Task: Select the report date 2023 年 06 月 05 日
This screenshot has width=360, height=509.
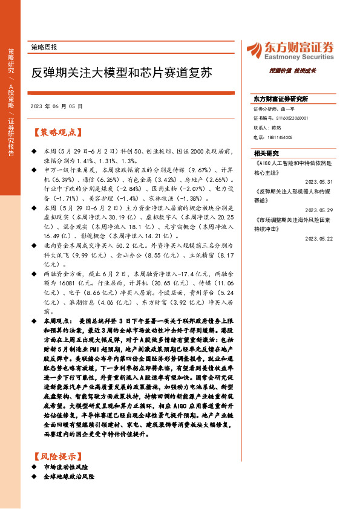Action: (56, 105)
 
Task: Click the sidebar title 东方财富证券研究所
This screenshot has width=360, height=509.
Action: (281, 98)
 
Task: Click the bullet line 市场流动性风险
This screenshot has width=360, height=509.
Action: (67, 468)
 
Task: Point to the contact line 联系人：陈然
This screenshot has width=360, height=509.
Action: (267, 128)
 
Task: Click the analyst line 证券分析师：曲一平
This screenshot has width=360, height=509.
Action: (273, 109)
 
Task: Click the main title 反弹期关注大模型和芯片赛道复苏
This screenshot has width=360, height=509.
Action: (122, 74)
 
